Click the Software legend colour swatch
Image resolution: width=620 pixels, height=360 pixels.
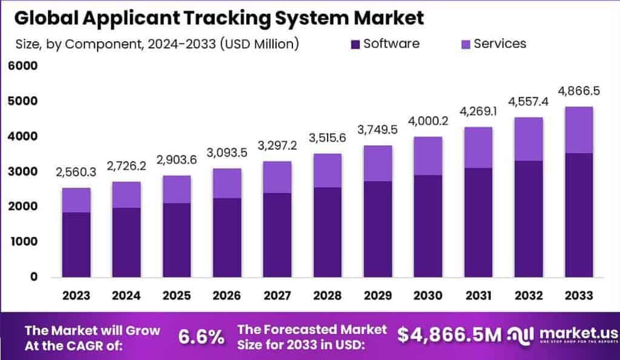tap(355, 44)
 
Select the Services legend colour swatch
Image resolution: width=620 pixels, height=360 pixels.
tap(465, 44)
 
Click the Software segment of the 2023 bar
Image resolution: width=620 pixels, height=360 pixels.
tap(76, 244)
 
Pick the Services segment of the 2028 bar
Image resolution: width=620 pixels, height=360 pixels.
tap(327, 171)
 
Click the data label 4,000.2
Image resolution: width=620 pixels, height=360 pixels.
tap(427, 122)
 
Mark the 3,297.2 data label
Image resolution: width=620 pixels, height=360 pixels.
tap(277, 146)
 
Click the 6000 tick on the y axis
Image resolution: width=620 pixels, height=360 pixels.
tap(22, 66)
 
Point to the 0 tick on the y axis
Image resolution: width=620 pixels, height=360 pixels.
tap(34, 277)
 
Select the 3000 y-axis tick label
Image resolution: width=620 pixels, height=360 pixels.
tap(22, 172)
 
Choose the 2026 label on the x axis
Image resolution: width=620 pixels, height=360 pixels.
tap(226, 295)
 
